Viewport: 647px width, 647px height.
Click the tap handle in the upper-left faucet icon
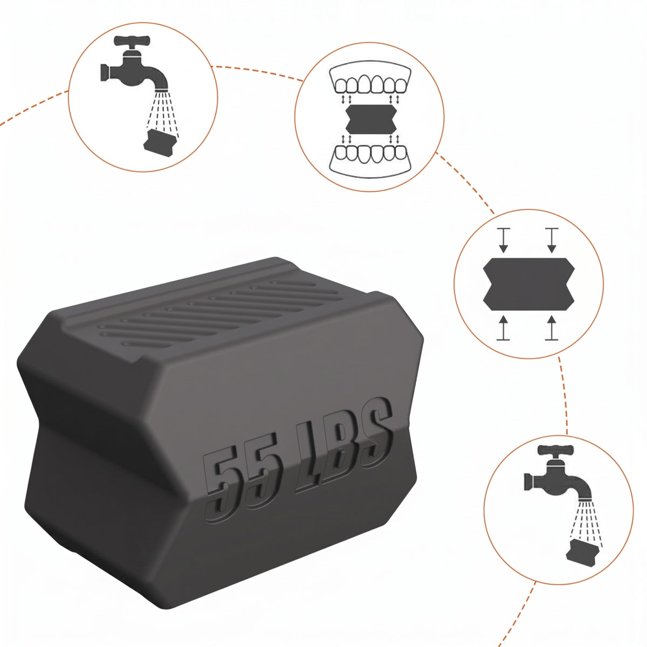pos(132,41)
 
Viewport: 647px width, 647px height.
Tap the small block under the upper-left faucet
pos(160,142)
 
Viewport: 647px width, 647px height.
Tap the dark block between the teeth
pos(371,119)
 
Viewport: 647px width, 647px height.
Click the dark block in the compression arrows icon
pos(529,284)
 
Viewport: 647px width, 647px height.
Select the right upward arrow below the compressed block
pos(552,328)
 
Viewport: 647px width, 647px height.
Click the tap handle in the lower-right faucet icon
pos(556,449)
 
